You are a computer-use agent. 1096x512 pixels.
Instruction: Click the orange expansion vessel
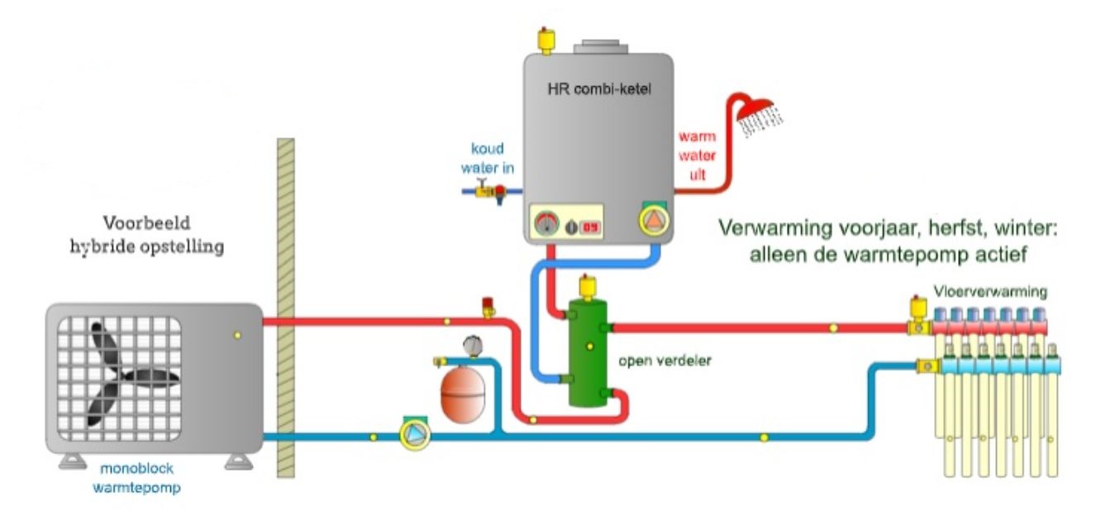[x=464, y=395]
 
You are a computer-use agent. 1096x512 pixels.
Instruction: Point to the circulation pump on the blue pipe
[x=411, y=433]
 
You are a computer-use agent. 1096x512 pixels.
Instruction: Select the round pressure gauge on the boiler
[x=546, y=224]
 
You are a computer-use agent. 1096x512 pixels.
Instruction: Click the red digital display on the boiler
[x=589, y=226]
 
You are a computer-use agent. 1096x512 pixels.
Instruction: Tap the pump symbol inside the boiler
[x=653, y=220]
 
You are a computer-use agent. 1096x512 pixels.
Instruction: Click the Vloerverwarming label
[x=991, y=291]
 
